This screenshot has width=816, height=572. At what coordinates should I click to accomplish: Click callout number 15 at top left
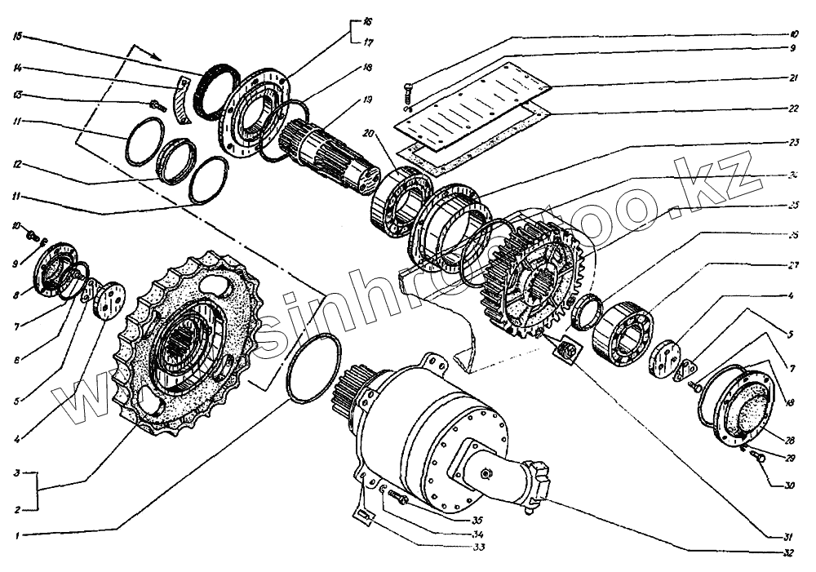(x=17, y=36)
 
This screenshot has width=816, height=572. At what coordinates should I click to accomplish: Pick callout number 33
(x=479, y=547)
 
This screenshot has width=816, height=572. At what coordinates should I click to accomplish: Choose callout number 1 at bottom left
(x=17, y=536)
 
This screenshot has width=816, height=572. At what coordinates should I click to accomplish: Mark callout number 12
(x=17, y=166)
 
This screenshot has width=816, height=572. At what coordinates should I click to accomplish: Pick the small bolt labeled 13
(x=157, y=104)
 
